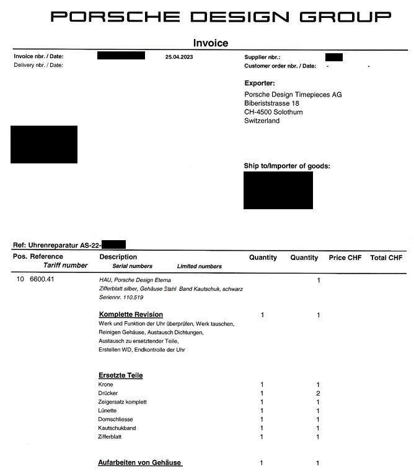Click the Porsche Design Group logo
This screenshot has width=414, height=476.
coord(221,17)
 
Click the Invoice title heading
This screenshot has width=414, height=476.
coord(211,43)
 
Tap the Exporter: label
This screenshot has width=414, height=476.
coord(260,83)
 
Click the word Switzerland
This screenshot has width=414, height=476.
coord(262,121)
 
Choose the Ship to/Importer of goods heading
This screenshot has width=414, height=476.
coord(287,166)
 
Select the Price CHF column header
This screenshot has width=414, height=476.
coord(345,257)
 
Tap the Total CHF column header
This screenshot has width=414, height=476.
coord(386,257)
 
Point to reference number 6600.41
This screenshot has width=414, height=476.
coord(43,279)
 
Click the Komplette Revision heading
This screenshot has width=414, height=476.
coord(131,314)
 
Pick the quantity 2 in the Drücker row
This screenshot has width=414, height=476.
coord(318,393)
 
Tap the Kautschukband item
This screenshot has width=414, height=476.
coord(117,428)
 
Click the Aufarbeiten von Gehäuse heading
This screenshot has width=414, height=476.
coord(140,463)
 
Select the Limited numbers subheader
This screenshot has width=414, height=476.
coord(199,266)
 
